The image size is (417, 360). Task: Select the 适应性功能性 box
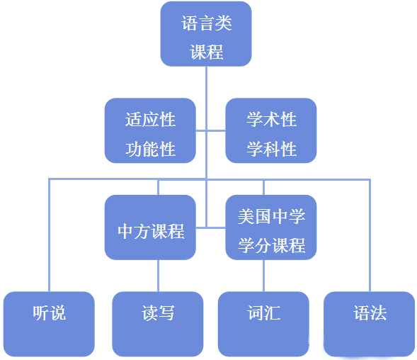pyautogui.click(x=150, y=130)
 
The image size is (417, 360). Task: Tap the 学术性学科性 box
pyautogui.click(x=271, y=130)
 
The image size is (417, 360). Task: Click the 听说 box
pyautogui.click(x=49, y=323)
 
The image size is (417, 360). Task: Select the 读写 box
pyautogui.click(x=158, y=323)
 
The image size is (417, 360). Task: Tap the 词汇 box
pyautogui.click(x=263, y=323)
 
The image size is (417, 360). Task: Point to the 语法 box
pyautogui.click(x=370, y=323)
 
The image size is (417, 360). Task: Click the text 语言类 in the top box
pyautogui.click(x=207, y=23)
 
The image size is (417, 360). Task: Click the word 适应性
pyautogui.click(x=150, y=118)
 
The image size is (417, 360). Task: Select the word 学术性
pyautogui.click(x=271, y=118)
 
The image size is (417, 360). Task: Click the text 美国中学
pyautogui.click(x=271, y=216)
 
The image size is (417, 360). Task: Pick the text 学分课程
pyautogui.click(x=271, y=245)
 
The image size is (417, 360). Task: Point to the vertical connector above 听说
pyautogui.click(x=49, y=234)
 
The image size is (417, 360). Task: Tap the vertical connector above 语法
pyautogui.click(x=370, y=234)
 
